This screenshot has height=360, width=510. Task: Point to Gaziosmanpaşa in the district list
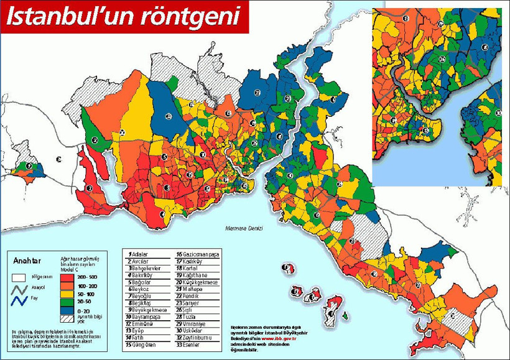(200, 254)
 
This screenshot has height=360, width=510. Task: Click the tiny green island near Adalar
(343, 316)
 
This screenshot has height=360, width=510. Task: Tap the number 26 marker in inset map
(442, 59)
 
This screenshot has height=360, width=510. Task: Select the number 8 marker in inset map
(484, 47)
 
